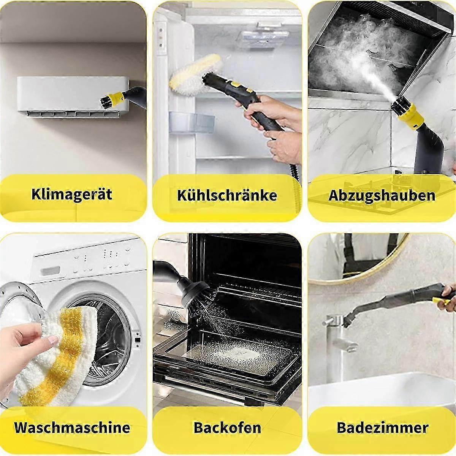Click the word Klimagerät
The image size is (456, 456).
[72, 194]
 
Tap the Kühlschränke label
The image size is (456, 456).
[227, 195]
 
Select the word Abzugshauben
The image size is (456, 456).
[382, 195]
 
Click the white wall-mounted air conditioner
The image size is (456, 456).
[73, 97]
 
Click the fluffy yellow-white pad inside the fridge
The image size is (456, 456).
[195, 74]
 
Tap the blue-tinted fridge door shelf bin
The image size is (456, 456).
[192, 123]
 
